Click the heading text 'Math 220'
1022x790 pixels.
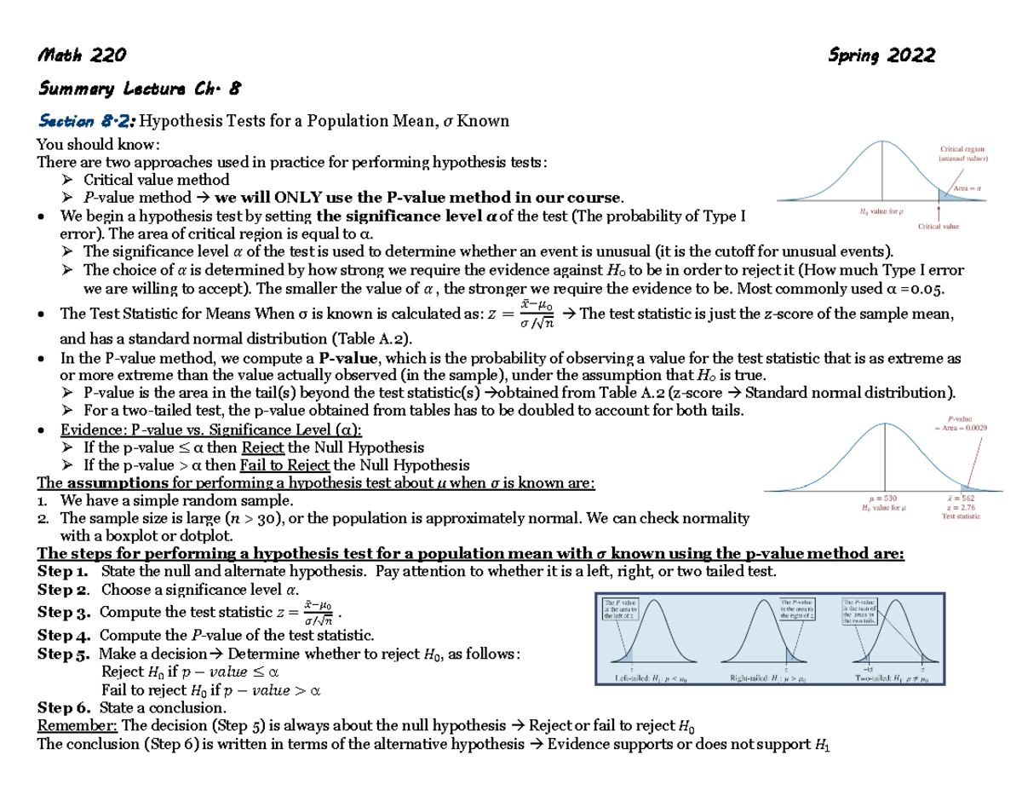pyautogui.click(x=82, y=56)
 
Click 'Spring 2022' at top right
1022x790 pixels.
pyautogui.click(x=881, y=56)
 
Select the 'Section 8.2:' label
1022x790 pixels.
pyautogui.click(x=87, y=120)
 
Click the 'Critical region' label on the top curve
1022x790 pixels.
pyautogui.click(x=962, y=150)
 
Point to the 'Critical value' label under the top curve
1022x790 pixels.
pyautogui.click(x=939, y=227)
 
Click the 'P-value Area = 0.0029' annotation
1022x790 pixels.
pyautogui.click(x=960, y=424)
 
